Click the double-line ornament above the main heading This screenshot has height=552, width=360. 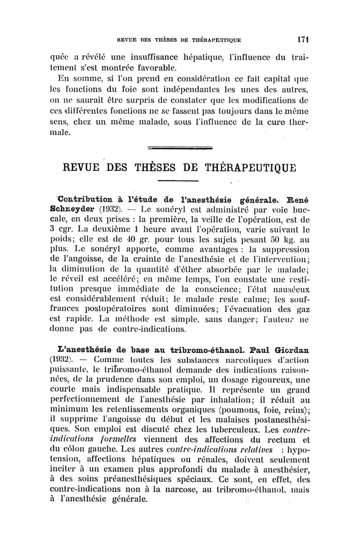[180, 147]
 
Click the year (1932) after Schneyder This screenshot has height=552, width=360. [107, 209]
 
